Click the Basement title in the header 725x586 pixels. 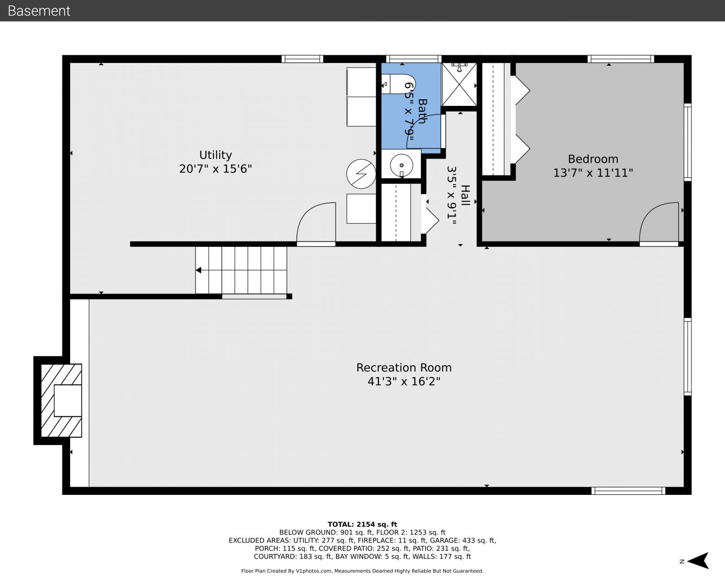39,11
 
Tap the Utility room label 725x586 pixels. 216,155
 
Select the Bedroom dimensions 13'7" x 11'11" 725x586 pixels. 593,173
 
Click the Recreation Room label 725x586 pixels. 404,368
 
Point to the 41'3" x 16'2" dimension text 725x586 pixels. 404,381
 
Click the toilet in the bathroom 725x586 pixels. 398,84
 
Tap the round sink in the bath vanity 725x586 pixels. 402,165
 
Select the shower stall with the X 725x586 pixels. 459,84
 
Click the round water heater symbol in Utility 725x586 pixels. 361,174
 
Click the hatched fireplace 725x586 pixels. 61,400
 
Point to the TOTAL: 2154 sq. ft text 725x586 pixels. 362,525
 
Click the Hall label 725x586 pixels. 465,195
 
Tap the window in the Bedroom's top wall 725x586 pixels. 621,59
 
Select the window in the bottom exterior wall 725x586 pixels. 628,491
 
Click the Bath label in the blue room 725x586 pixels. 423,111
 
